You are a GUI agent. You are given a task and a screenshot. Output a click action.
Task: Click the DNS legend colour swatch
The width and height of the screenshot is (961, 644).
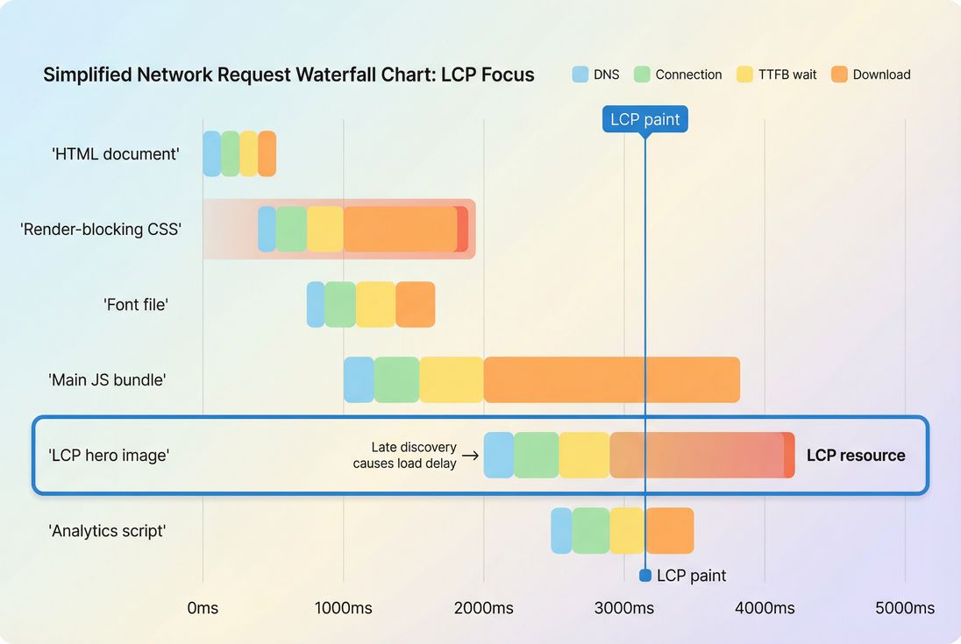pos(580,74)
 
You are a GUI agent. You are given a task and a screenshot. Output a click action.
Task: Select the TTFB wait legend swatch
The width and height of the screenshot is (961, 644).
pos(744,74)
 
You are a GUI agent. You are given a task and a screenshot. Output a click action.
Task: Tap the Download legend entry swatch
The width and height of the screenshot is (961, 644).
pos(839,74)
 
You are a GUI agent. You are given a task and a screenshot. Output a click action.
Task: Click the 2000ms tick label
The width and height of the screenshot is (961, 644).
pos(484,608)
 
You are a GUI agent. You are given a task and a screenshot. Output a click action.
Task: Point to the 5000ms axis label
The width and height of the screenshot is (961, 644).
pos(905,608)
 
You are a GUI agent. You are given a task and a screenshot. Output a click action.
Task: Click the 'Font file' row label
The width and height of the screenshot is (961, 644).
pos(136,305)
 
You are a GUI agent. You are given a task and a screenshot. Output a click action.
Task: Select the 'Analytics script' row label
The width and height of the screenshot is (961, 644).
pos(108,531)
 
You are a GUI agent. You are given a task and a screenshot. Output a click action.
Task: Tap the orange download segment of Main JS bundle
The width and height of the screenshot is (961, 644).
pos(611,380)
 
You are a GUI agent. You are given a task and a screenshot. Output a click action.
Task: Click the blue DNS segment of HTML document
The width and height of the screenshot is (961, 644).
pos(211,154)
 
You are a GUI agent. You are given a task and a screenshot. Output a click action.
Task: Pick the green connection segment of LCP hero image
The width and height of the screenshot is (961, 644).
pos(536,456)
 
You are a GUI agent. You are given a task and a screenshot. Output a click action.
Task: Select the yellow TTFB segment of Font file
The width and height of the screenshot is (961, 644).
pos(375,305)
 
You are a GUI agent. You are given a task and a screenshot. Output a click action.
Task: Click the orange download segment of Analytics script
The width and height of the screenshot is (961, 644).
pos(670,531)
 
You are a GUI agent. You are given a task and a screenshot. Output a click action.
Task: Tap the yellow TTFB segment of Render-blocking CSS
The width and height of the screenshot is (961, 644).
pos(324,230)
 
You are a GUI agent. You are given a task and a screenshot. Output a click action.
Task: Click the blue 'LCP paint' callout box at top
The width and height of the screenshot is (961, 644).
pos(644,119)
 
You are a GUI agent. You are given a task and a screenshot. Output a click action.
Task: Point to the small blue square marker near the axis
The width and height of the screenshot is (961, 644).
pos(645,576)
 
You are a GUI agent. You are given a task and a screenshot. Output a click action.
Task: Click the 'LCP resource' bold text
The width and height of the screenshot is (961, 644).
pos(855,456)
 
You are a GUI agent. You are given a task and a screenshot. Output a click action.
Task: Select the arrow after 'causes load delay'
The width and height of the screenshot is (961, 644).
pos(470,456)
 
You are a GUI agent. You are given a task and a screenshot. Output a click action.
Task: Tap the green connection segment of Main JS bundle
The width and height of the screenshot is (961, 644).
pos(396,380)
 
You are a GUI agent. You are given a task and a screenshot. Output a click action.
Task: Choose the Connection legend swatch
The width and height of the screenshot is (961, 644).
pos(641,74)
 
